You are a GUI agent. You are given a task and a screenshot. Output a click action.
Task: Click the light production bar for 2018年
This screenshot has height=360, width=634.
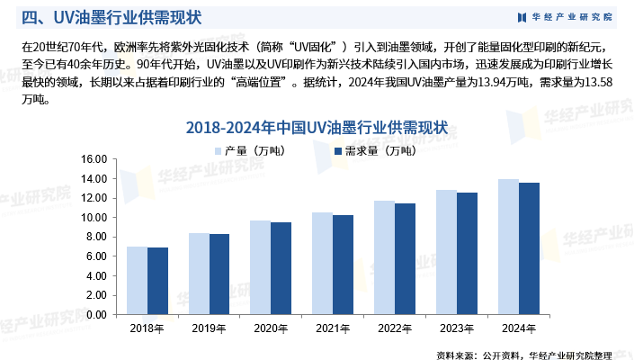coord(137,280)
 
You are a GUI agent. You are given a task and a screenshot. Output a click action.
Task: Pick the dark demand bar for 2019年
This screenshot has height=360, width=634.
coord(219,274)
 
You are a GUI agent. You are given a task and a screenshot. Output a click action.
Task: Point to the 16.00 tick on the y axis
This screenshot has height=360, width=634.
coord(94,159)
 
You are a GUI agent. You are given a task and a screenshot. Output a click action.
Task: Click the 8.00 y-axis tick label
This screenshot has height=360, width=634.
coord(96,237)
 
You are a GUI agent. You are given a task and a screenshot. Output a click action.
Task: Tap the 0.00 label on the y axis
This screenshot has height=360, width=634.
coord(96,314)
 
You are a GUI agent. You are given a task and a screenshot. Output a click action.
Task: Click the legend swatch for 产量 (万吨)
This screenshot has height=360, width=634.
coord(217,149)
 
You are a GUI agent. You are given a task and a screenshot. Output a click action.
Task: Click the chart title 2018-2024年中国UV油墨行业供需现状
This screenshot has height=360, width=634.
coord(317,128)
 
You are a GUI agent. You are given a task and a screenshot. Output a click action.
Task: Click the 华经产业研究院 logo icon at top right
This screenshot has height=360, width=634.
coord(522,17)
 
